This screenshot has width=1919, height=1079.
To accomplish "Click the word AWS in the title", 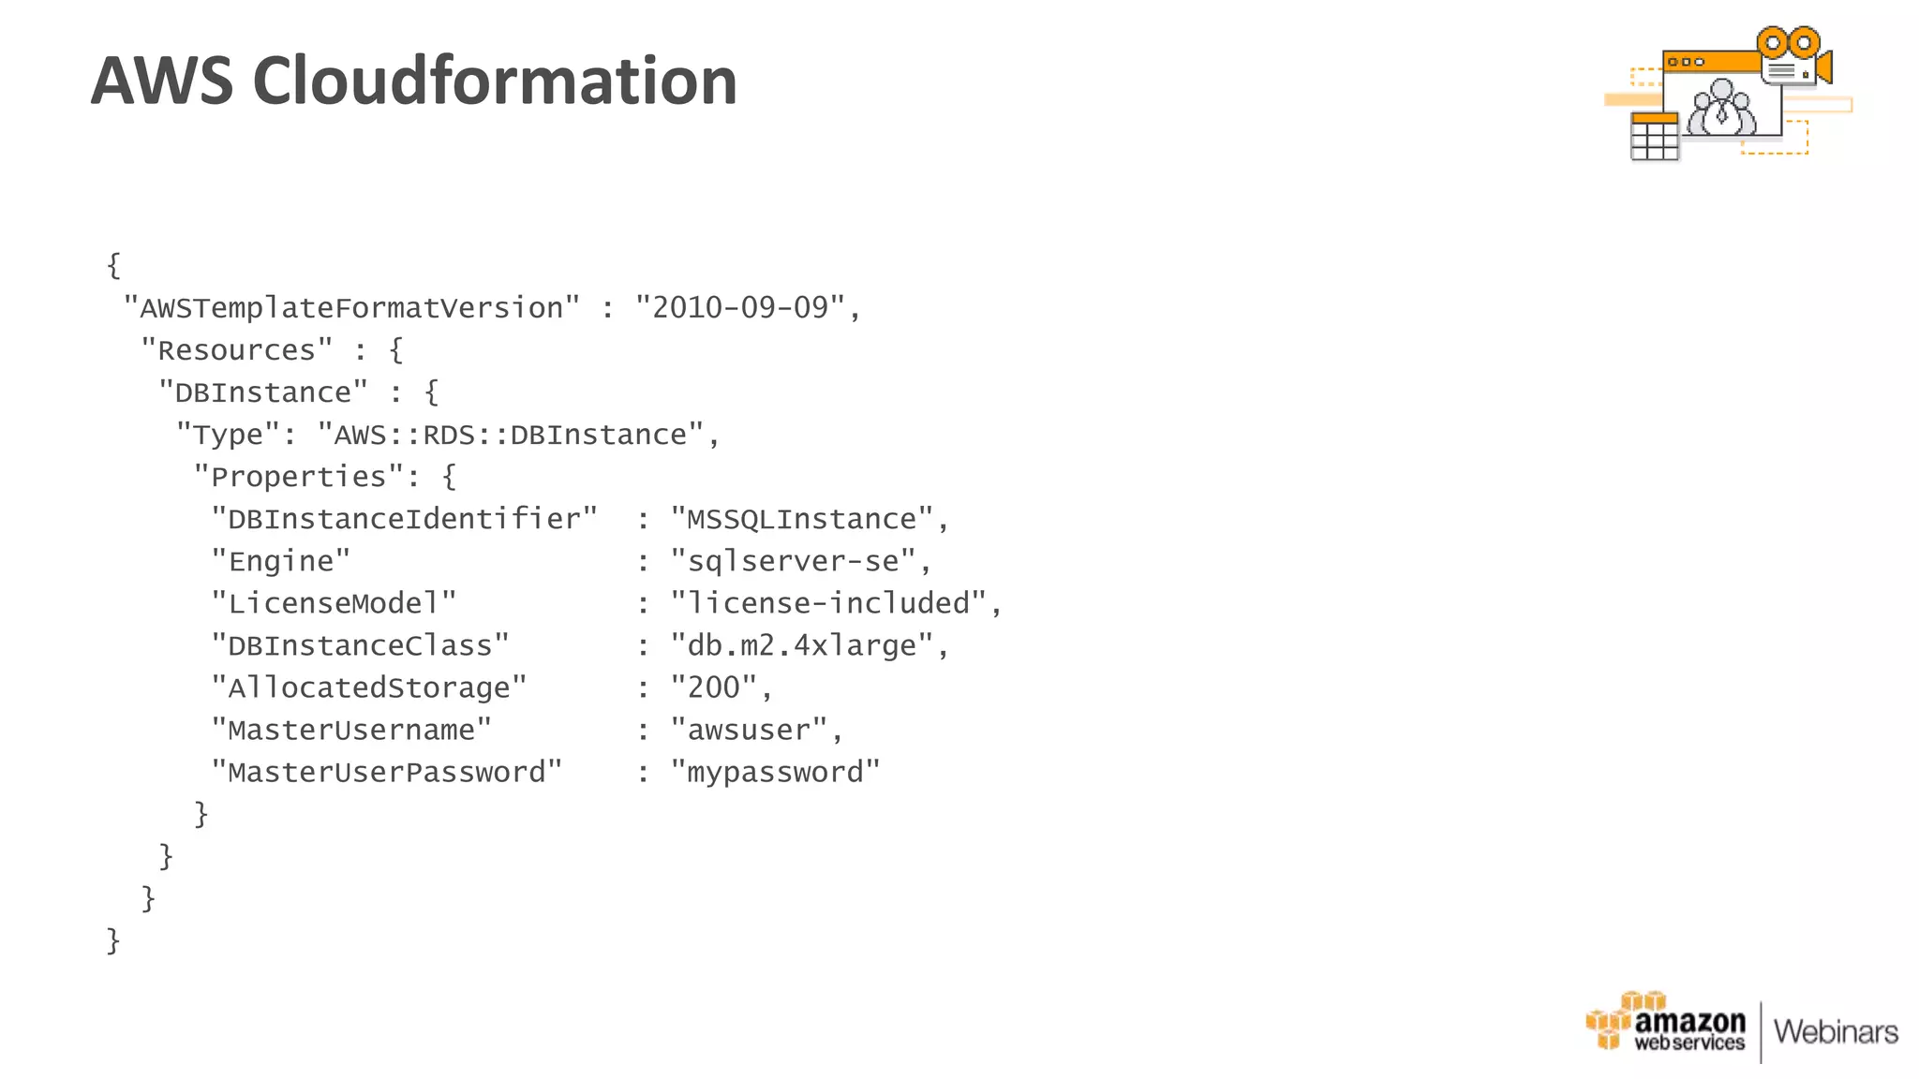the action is [161, 81].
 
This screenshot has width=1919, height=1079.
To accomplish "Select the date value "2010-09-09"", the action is [740, 308].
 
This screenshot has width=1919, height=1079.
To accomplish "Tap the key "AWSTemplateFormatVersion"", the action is [351, 308].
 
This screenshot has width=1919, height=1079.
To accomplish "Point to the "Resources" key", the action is [236, 350].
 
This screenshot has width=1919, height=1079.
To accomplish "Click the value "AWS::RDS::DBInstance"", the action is [511, 435].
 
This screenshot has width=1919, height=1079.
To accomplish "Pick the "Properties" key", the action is [298, 477].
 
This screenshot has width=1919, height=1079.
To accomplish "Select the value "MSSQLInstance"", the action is [802, 519].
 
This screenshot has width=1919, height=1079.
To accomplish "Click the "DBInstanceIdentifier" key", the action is [404, 519].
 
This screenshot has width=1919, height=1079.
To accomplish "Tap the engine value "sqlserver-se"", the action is [793, 561].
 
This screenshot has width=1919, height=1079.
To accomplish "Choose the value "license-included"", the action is [828, 603].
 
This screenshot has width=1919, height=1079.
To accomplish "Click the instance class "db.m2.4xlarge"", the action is [802, 645].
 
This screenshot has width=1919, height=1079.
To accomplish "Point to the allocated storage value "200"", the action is [714, 687].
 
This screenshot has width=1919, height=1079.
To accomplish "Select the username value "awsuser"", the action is [749, 730].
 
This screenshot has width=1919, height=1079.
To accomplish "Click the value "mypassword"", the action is [776, 772].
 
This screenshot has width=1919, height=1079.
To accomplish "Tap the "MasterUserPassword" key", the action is [386, 772].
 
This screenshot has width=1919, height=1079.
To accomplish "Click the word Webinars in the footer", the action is [1836, 1032].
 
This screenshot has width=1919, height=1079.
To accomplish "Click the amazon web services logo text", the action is [1688, 1029].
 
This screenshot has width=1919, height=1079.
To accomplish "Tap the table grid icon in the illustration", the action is [1654, 137].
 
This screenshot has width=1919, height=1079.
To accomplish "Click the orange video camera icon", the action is [1794, 56].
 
